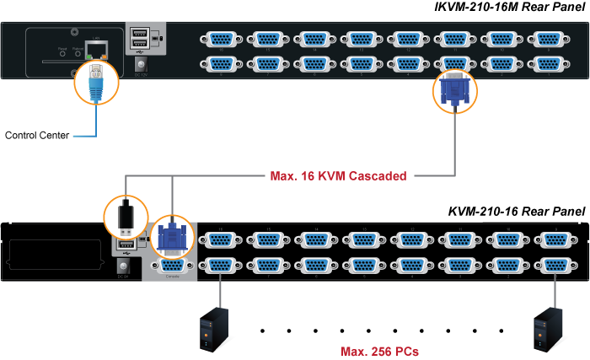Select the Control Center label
[x=36, y=135]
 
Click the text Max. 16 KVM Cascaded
[x=338, y=176]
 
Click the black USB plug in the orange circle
[x=125, y=218]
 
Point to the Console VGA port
[x=172, y=266]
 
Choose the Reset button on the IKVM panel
[x=62, y=57]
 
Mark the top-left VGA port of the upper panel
[x=221, y=40]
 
